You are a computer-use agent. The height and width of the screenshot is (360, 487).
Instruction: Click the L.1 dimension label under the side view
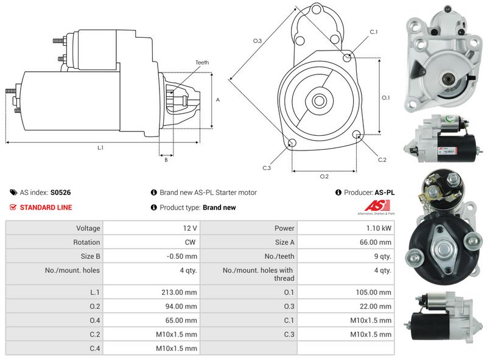pos(100,147)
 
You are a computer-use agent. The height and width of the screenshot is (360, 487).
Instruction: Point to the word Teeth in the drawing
pos(202,63)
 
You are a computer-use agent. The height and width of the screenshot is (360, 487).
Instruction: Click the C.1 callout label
pos(374,32)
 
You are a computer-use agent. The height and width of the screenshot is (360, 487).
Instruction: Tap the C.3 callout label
pos(267,168)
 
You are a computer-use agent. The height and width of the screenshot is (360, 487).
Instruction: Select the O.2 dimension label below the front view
pos(324,176)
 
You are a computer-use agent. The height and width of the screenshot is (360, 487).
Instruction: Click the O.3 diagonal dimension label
pos(258,41)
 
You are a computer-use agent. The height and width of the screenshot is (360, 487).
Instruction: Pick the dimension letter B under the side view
pos(166,160)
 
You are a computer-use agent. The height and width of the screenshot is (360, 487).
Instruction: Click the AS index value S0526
pos(60,192)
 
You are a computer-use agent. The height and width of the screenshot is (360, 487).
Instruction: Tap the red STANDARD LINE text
pos(46,207)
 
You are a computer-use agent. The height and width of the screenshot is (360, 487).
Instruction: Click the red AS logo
pos(377,206)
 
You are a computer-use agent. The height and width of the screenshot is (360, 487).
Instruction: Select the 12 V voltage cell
pos(190,228)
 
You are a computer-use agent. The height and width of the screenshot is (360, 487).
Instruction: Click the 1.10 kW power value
pos(379,228)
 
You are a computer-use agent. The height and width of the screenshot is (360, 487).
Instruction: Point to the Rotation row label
pos(86,242)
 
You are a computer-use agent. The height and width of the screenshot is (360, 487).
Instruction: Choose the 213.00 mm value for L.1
pos(179,292)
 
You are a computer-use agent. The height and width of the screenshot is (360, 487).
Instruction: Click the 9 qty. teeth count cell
pos(383,256)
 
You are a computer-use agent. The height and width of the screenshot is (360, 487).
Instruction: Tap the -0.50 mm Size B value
pos(181,256)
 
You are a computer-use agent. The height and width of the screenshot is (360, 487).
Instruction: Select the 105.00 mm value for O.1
pos(374,292)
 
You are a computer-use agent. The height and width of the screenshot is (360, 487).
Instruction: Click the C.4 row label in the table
pos(95,348)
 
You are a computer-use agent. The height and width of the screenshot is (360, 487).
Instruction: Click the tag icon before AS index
pos(13,192)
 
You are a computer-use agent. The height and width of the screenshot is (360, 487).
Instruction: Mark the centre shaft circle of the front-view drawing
pos(319,101)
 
